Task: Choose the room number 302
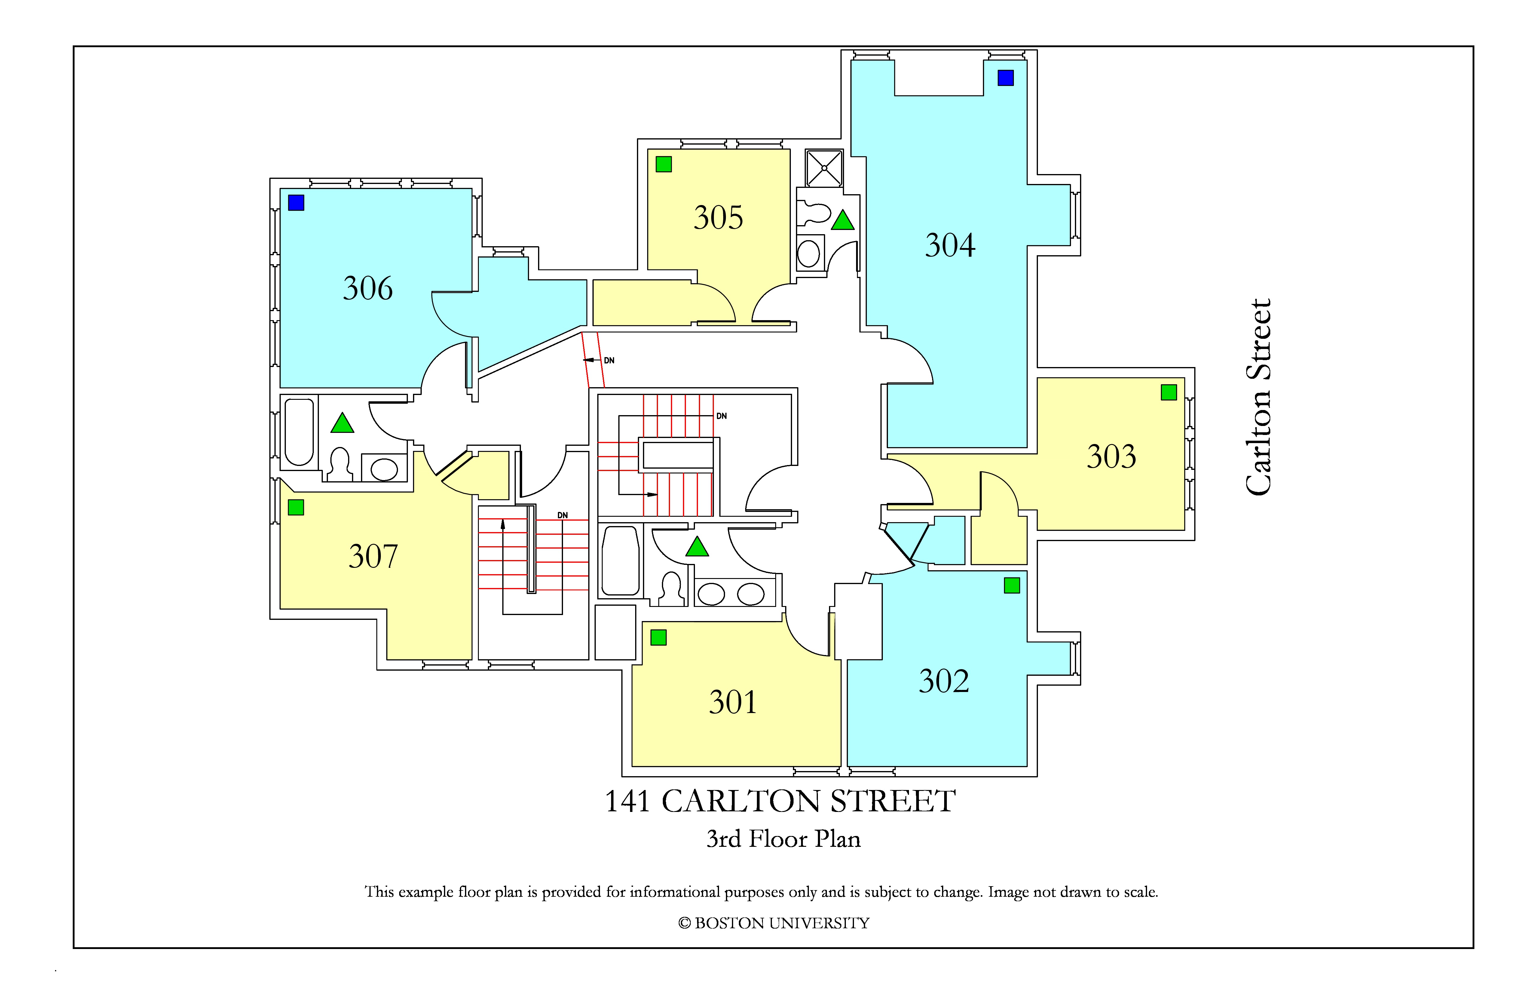pyautogui.click(x=944, y=681)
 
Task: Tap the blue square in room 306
pyautogui.click(x=296, y=203)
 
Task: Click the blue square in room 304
pyautogui.click(x=1005, y=78)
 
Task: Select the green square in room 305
pyautogui.click(x=663, y=164)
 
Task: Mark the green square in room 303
pyautogui.click(x=1168, y=392)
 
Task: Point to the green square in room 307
pyautogui.click(x=296, y=508)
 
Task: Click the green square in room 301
pyautogui.click(x=658, y=638)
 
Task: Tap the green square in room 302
pyautogui.click(x=1012, y=586)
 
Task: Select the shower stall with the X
pyautogui.click(x=824, y=168)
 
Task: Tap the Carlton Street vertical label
pyautogui.click(x=1258, y=397)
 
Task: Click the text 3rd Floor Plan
pyautogui.click(x=783, y=839)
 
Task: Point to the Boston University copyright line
pyautogui.click(x=774, y=923)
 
